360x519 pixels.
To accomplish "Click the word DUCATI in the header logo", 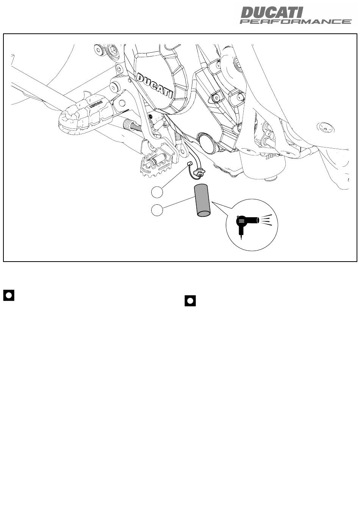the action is coord(271,13).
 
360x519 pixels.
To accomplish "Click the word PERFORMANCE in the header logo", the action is coord(296,22).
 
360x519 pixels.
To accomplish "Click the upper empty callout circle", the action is coord(157,192).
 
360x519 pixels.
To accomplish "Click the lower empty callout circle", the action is coord(157,210).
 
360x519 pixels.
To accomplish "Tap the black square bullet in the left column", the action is coord(9,295).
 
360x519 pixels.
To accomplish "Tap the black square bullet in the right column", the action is coord(190,301).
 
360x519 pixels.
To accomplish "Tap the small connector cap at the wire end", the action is coord(189,164).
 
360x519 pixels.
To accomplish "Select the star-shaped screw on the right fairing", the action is coord(325,128).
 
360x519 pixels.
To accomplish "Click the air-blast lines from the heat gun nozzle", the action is coord(266,220).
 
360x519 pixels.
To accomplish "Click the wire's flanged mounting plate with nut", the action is coord(199,173).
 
